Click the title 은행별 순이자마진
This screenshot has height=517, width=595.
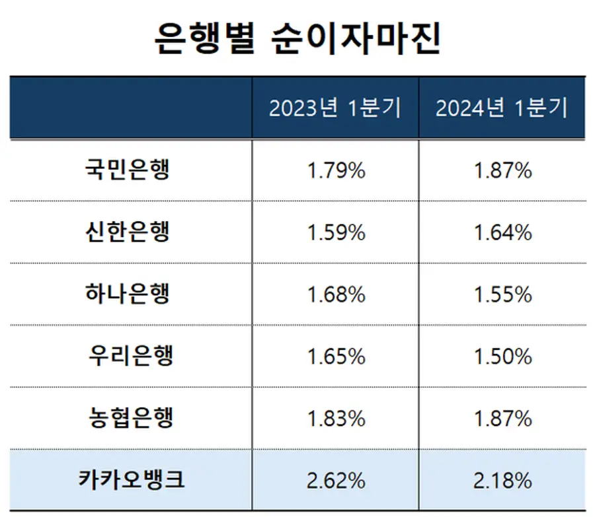click(297, 39)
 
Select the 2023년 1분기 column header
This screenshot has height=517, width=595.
click(335, 108)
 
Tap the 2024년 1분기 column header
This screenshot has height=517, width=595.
click(502, 108)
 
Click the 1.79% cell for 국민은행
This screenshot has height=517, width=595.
click(336, 170)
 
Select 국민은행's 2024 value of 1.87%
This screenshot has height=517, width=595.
click(502, 170)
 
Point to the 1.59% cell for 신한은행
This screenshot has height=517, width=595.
click(336, 232)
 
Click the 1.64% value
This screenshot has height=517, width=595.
click(502, 232)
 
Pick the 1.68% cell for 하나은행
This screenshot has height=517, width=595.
click(336, 294)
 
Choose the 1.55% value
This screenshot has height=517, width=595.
click(502, 294)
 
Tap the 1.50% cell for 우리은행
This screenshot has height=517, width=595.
click(502, 357)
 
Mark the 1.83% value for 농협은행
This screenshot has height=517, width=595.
click(336, 419)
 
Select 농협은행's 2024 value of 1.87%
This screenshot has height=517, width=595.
click(502, 419)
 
